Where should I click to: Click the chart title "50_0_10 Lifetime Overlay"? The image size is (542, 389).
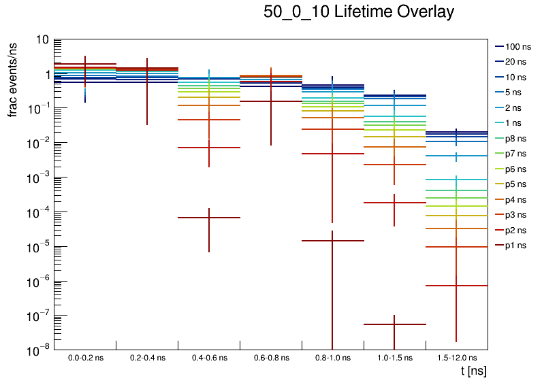[359, 12]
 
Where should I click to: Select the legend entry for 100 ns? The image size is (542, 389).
[516, 47]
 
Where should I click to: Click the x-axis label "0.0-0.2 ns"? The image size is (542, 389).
[85, 357]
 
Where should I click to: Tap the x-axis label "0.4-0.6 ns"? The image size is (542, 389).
[209, 357]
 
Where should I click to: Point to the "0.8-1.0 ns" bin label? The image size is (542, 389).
[333, 357]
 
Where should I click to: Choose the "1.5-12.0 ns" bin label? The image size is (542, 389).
[457, 357]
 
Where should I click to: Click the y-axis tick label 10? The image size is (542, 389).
[42, 40]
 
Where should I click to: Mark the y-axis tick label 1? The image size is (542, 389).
[45, 74]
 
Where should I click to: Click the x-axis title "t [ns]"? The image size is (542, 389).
[473, 371]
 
